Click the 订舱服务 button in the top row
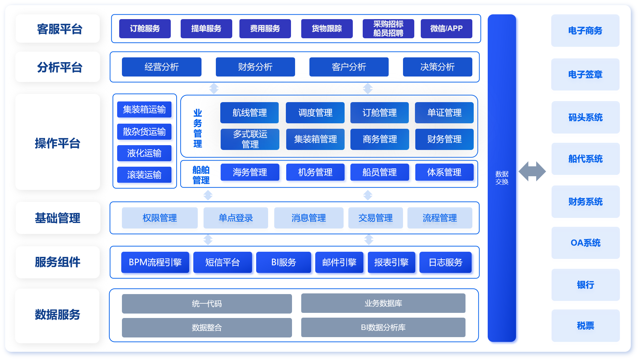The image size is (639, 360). tap(145, 29)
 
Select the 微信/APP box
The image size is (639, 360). tap(446, 29)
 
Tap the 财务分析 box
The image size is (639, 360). tap(255, 67)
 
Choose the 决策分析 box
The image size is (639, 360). tap(437, 67)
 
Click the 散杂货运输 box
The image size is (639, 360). tap(144, 131)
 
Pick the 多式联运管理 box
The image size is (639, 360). tap(250, 139)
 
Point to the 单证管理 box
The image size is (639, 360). tap(444, 113)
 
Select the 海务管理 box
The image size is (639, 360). tap(250, 172)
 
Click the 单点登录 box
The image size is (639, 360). tap(236, 218)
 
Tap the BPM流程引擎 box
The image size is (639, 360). tap(155, 262)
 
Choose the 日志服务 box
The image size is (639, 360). tap(445, 262)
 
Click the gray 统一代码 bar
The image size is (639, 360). tap(207, 304)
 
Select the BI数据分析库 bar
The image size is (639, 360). tap(383, 327)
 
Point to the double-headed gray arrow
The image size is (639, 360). tap(532, 171)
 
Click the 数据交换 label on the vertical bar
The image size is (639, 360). tap(502, 178)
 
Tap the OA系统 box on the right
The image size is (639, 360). tap(585, 243)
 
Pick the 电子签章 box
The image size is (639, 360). tap(585, 74)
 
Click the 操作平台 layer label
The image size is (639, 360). tap(58, 143)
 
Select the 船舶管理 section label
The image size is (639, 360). tap(201, 175)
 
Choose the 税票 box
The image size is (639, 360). tap(585, 326)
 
